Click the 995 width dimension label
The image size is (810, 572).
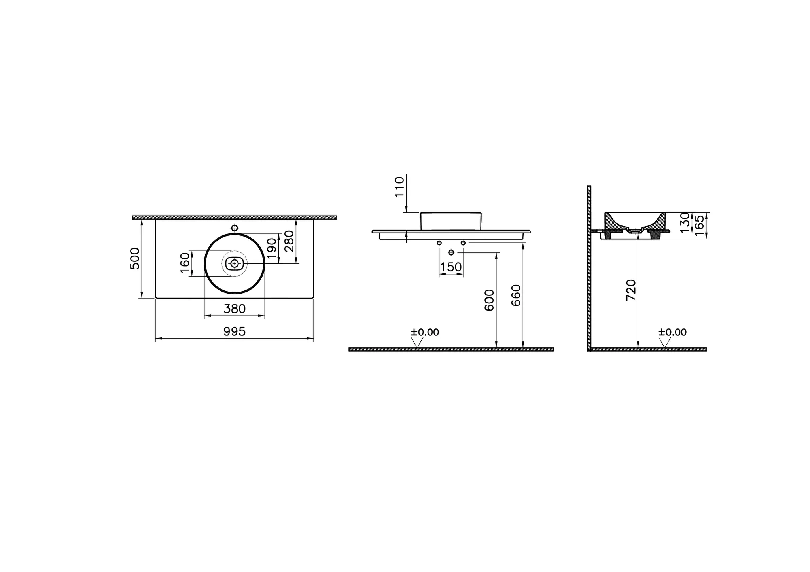235,331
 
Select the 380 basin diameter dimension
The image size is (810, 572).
235,309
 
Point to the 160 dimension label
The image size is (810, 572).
185,263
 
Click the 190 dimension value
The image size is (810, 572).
271,248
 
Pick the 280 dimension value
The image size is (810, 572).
289,241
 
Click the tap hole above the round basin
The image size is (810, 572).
235,228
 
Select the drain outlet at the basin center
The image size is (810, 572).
235,263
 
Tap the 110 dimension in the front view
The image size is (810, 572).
399,187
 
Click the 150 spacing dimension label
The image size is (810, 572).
451,267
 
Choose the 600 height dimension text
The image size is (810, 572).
490,300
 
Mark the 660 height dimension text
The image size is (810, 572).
517,295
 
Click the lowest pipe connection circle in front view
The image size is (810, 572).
451,252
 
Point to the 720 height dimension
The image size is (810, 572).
631,290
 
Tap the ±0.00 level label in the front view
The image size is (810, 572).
425,332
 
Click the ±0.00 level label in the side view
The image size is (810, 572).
672,332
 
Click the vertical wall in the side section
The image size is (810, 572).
589,269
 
